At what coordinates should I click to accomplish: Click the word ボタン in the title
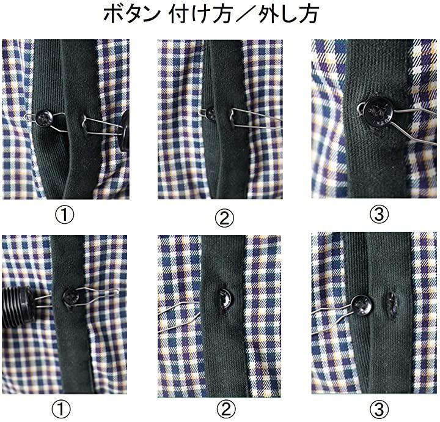[131, 13]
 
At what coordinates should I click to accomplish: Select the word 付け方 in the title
[200, 13]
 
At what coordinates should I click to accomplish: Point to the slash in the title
[244, 14]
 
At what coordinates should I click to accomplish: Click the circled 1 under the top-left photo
[64, 215]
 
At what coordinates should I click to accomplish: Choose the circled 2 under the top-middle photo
[224, 218]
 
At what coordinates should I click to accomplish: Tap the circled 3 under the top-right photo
[379, 215]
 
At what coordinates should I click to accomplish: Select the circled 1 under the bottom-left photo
[61, 409]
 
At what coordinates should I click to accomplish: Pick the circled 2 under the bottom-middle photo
[226, 409]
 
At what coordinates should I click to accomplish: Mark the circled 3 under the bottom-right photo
[379, 409]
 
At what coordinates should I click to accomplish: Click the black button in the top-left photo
[44, 118]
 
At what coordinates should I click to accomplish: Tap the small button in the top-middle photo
[210, 113]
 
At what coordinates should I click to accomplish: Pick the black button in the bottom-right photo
[362, 305]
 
